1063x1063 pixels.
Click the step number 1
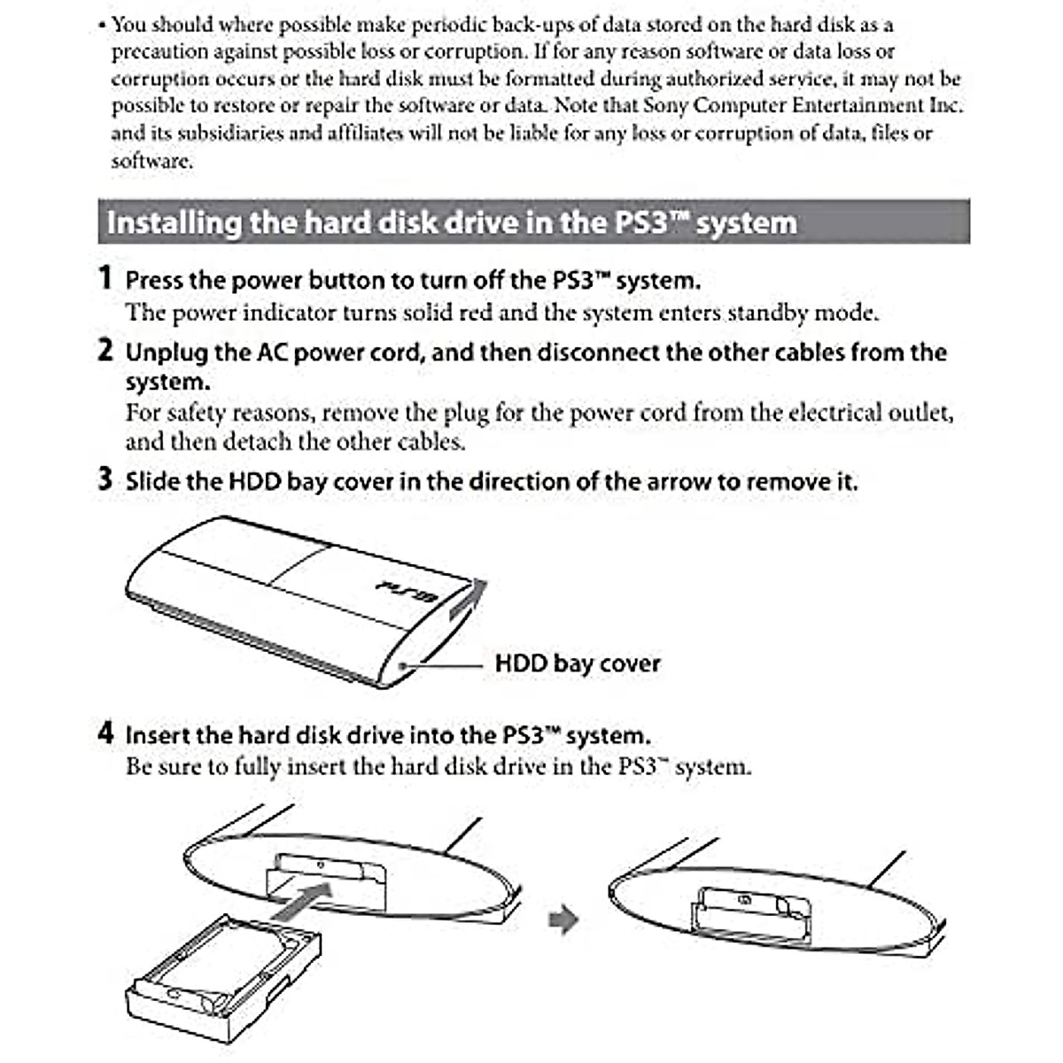(105, 278)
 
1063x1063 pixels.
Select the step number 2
(105, 351)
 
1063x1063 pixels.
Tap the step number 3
(105, 480)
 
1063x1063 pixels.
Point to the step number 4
(105, 733)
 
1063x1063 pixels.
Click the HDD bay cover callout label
(577, 663)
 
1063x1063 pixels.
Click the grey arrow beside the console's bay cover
(466, 601)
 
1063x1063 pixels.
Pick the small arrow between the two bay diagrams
(563, 919)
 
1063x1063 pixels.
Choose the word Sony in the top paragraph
(665, 105)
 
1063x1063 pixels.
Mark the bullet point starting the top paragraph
(103, 25)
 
